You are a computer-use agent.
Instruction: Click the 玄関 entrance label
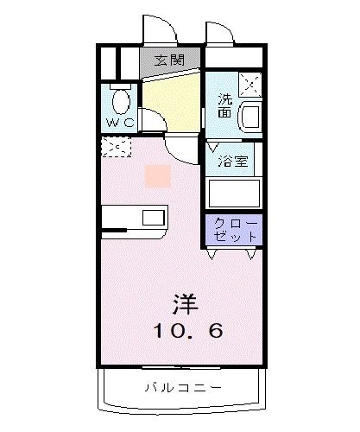click(169, 60)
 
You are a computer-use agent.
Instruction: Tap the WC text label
click(120, 122)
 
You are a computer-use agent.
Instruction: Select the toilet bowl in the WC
click(120, 102)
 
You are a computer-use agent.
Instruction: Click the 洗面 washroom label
click(224, 105)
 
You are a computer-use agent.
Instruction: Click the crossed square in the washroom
click(249, 85)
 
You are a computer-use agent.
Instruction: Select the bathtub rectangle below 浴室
click(234, 192)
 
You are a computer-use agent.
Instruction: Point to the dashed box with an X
click(115, 148)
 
